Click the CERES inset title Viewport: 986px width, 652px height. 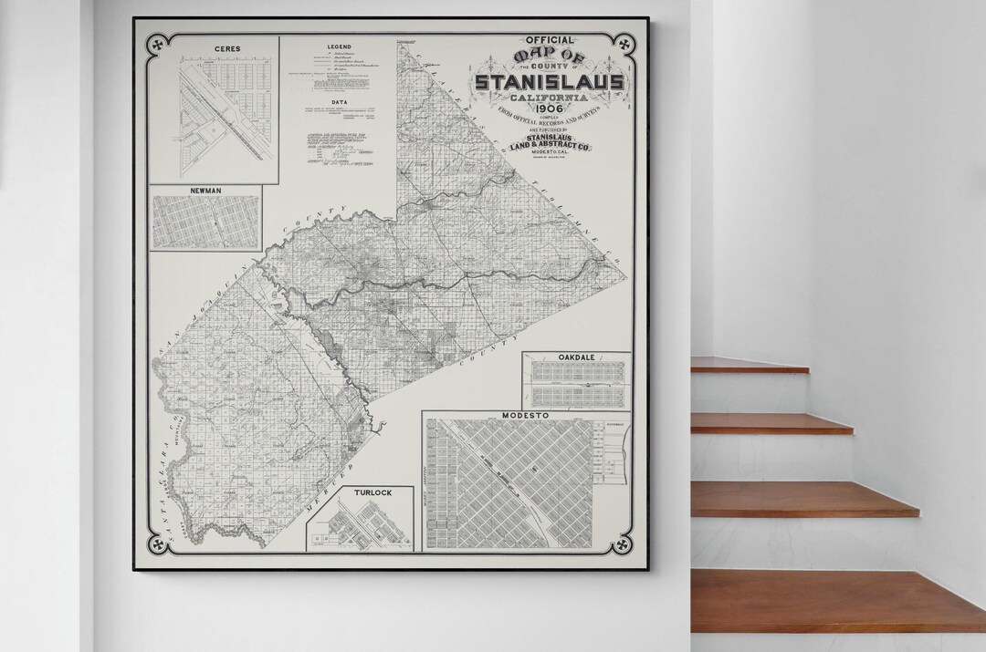coord(215,48)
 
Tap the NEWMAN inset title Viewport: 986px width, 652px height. coord(205,191)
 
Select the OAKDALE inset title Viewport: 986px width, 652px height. coord(576,357)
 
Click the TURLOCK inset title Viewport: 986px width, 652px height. coord(373,492)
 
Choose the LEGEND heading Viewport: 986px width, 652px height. coord(339,46)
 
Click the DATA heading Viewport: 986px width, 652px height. coord(339,103)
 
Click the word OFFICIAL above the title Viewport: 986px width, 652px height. coord(550,41)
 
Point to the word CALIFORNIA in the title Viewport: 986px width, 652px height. coord(550,97)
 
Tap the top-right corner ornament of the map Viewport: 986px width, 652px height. coord(625,42)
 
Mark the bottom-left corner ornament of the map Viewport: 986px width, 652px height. coord(155,544)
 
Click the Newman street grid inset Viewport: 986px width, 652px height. coord(205,223)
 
